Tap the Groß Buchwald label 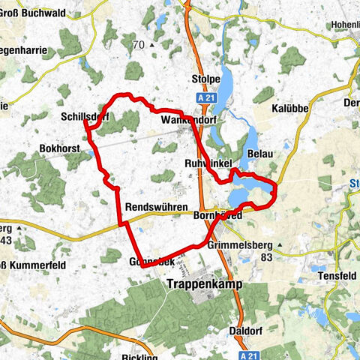(x=33, y=13)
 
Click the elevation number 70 (x=138, y=45)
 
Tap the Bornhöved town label (x=217, y=214)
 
